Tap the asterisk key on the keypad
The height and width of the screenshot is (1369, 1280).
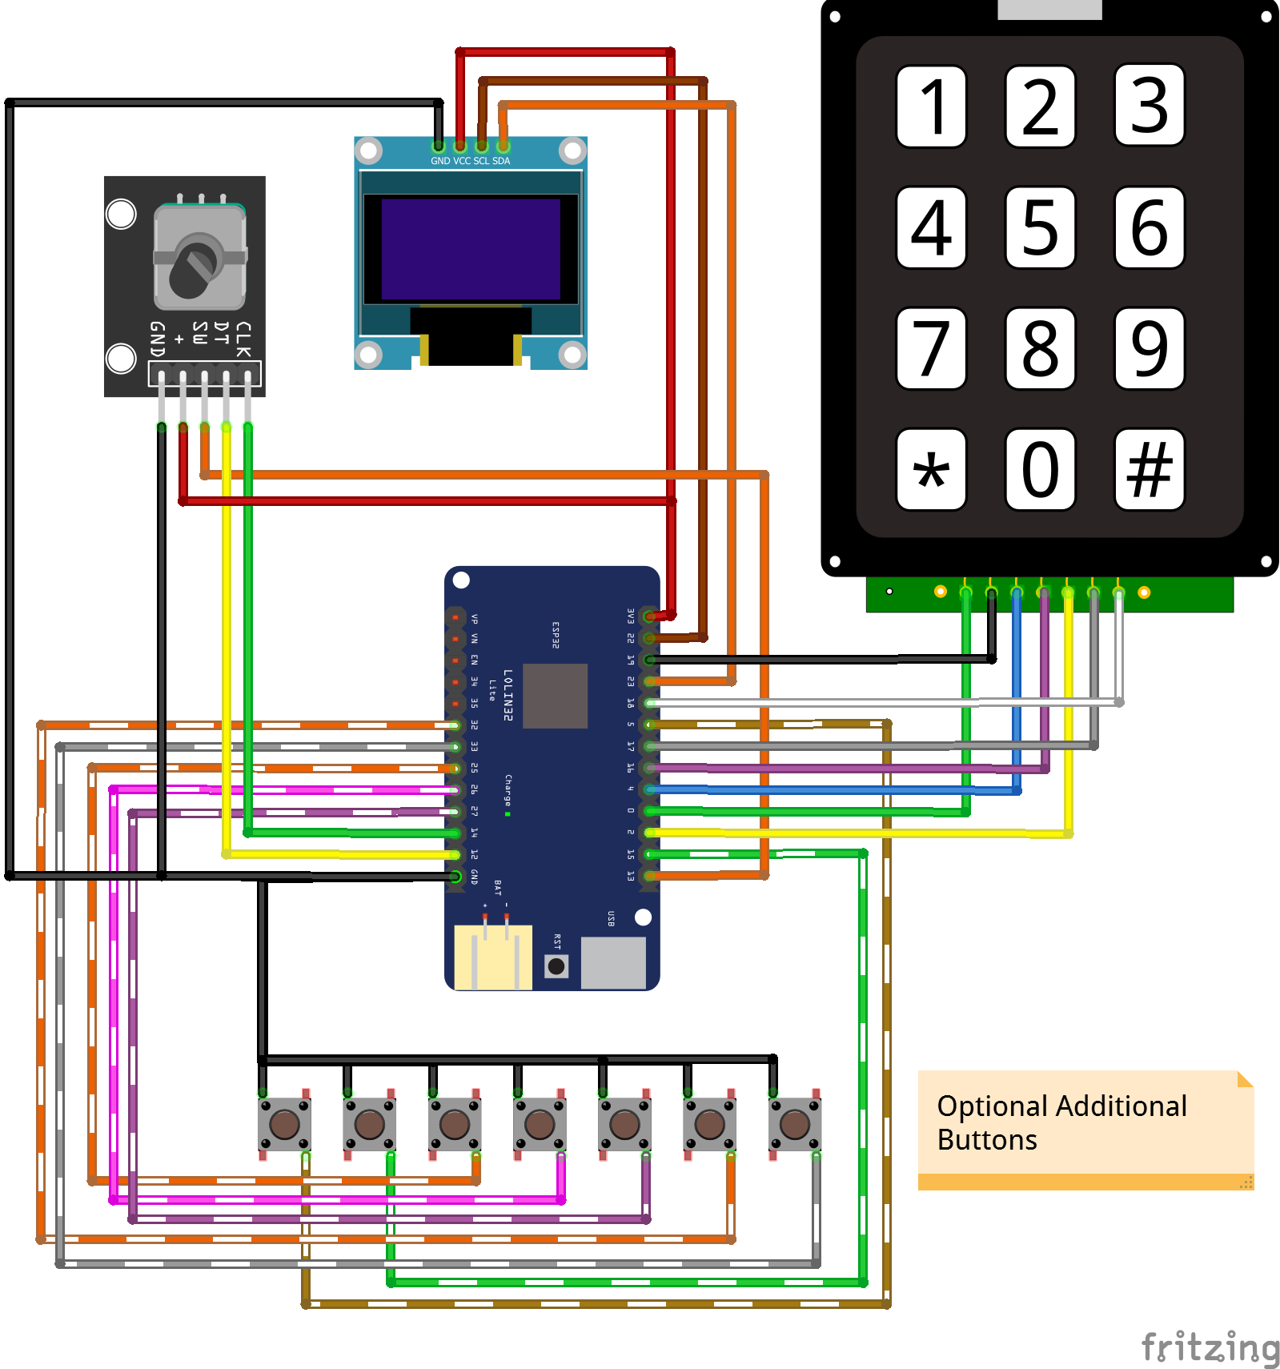click(931, 469)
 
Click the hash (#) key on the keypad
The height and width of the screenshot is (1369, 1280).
click(1149, 469)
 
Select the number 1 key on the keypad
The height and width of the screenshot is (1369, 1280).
click(931, 106)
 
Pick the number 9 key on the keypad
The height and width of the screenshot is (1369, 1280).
click(1149, 348)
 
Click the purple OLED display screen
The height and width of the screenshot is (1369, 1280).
click(471, 249)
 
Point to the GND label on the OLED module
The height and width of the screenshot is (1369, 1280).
click(440, 161)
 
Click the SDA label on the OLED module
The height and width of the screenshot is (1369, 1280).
click(501, 161)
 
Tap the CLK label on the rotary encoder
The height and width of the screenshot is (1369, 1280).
click(243, 339)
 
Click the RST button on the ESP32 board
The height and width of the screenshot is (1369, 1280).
click(556, 966)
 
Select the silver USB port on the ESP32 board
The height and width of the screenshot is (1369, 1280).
click(613, 962)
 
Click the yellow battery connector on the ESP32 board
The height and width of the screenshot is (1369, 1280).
click(493, 957)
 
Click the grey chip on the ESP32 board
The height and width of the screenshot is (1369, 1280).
click(555, 696)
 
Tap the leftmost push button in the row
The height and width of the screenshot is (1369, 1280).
click(284, 1124)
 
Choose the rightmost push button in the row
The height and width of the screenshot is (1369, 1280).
click(794, 1124)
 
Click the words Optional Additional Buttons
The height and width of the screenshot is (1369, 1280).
click(1061, 1122)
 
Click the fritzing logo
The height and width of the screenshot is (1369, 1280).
click(1209, 1347)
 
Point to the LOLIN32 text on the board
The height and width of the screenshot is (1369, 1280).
click(508, 695)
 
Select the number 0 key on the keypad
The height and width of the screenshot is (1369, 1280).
click(1040, 469)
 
